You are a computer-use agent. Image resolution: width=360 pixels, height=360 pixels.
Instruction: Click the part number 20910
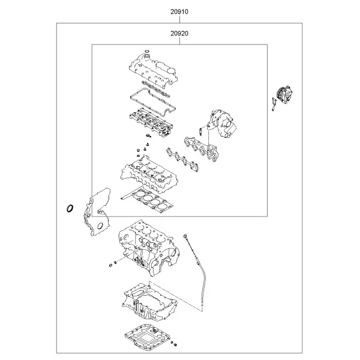[179, 12]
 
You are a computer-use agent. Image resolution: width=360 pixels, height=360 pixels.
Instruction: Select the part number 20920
[179, 34]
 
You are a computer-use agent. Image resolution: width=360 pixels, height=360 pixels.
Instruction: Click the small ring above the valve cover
[147, 51]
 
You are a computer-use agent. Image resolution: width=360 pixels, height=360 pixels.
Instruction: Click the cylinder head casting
[149, 175]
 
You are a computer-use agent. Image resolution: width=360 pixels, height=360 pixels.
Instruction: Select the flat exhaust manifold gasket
[182, 160]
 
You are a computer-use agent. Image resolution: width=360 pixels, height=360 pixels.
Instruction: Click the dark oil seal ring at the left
[70, 208]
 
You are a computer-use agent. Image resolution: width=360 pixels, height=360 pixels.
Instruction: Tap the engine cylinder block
[149, 248]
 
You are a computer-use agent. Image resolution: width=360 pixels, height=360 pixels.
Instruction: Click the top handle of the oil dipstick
[185, 236]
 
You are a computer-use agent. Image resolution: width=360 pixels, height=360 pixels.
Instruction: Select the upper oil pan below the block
[149, 301]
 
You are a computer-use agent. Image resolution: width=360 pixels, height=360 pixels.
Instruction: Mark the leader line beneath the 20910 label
[179, 19]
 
